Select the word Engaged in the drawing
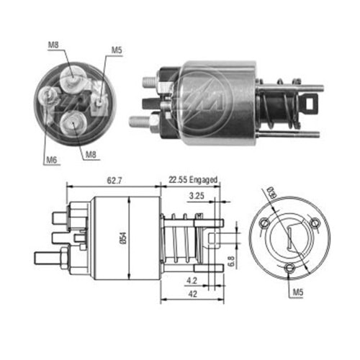tap(203, 180)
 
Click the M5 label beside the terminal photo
tap(117, 50)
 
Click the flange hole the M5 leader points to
tap(290, 269)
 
